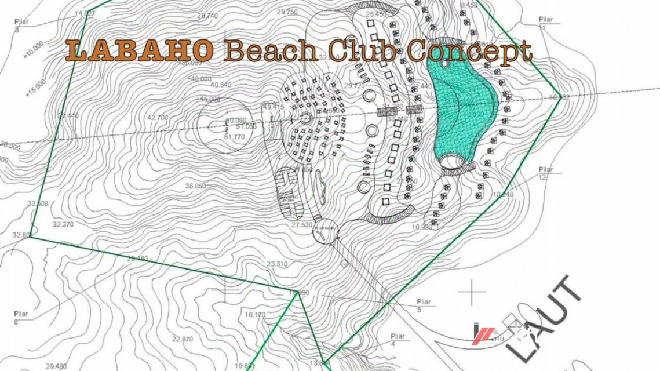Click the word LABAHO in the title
pyautogui.click(x=139, y=51)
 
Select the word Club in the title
pyautogui.click(x=362, y=51)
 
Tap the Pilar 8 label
pyautogui.click(x=20, y=25)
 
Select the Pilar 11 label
pyautogui.click(x=544, y=23)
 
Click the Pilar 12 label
pyautogui.click(x=546, y=173)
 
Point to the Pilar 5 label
pyautogui.click(x=425, y=305)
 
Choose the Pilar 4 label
pyautogui.click(x=398, y=340)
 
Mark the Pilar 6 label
pyautogui.click(x=20, y=317)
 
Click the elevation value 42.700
pyautogui.click(x=158, y=118)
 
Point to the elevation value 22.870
pyautogui.click(x=183, y=339)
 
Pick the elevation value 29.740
pyautogui.click(x=207, y=16)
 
